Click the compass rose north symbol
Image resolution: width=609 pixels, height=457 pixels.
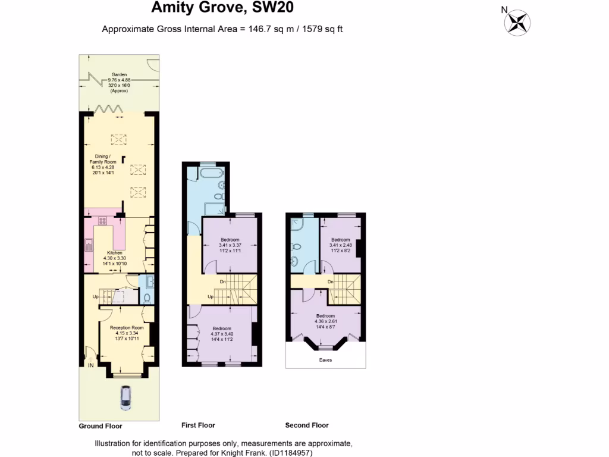pyautogui.click(x=517, y=22)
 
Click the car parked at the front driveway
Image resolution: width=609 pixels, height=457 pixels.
pyautogui.click(x=125, y=397)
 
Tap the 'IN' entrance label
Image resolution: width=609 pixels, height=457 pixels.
pyautogui.click(x=91, y=365)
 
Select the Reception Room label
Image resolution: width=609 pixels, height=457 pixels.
pyautogui.click(x=127, y=327)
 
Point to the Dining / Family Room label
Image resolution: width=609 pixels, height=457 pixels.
pyautogui.click(x=103, y=158)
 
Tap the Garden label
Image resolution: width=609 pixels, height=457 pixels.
pyautogui.click(x=118, y=75)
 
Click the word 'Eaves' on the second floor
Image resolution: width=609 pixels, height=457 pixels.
pyautogui.click(x=325, y=359)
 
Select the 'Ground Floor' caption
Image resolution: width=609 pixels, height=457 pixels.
pyautogui.click(x=101, y=426)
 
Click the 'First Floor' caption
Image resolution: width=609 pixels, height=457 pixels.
pyautogui.click(x=198, y=425)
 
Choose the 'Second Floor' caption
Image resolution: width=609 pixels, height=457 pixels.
pyautogui.click(x=307, y=425)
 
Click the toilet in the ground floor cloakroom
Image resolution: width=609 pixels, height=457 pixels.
pyautogui.click(x=147, y=298)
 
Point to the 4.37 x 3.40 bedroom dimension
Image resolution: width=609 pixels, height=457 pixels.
pyautogui.click(x=221, y=334)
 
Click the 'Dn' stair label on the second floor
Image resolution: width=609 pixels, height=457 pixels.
pyautogui.click(x=329, y=281)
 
